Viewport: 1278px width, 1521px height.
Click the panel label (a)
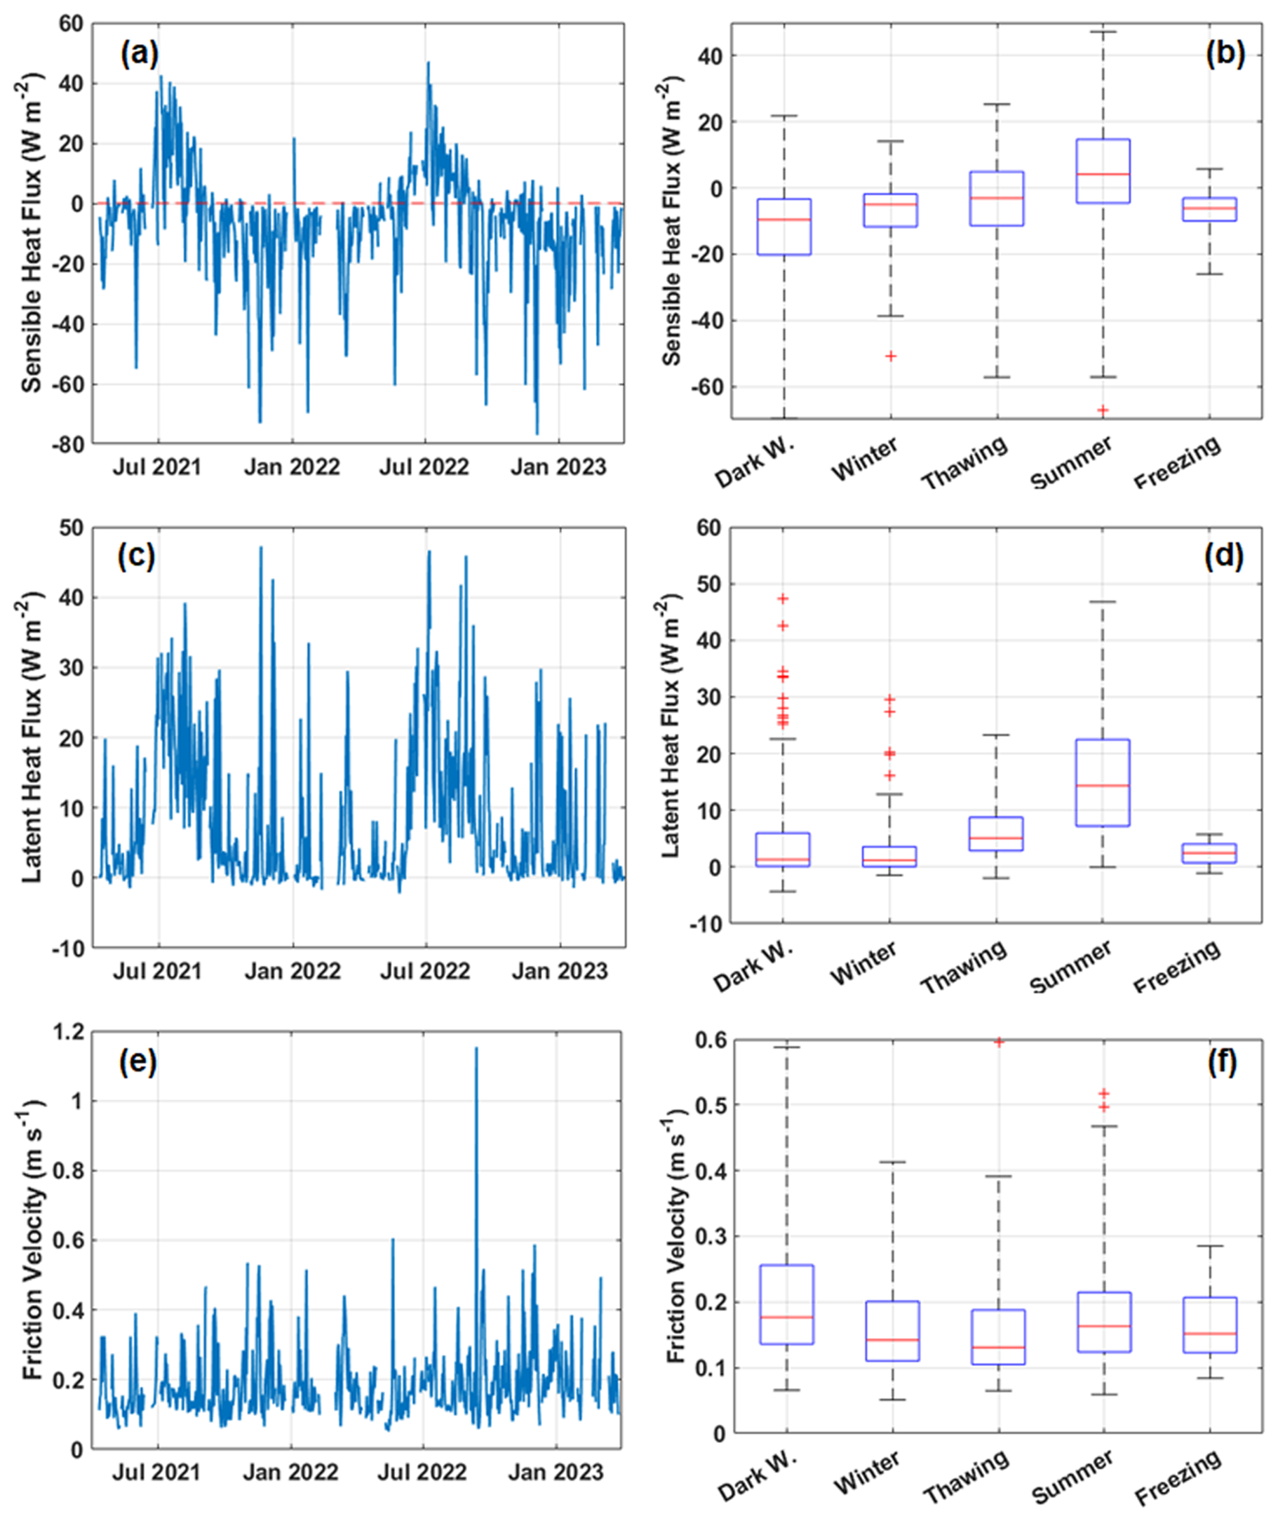click(x=139, y=54)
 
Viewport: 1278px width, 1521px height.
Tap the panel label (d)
click(x=1224, y=556)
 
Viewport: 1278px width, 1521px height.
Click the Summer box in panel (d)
click(x=1103, y=783)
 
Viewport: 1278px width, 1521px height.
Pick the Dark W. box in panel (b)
click(x=783, y=227)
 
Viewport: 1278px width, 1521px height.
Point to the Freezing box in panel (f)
click(x=1209, y=1325)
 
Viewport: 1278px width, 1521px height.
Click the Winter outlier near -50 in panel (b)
click(x=891, y=356)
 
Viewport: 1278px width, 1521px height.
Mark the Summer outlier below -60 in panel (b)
click(x=1103, y=410)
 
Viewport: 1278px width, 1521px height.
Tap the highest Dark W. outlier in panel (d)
click(x=783, y=598)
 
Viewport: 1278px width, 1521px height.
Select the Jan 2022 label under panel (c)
click(x=292, y=971)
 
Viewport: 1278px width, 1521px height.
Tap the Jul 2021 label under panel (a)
click(x=156, y=467)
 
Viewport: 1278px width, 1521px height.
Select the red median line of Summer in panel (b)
click(x=1103, y=174)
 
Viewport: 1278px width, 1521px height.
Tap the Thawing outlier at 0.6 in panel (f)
click(x=998, y=1042)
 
